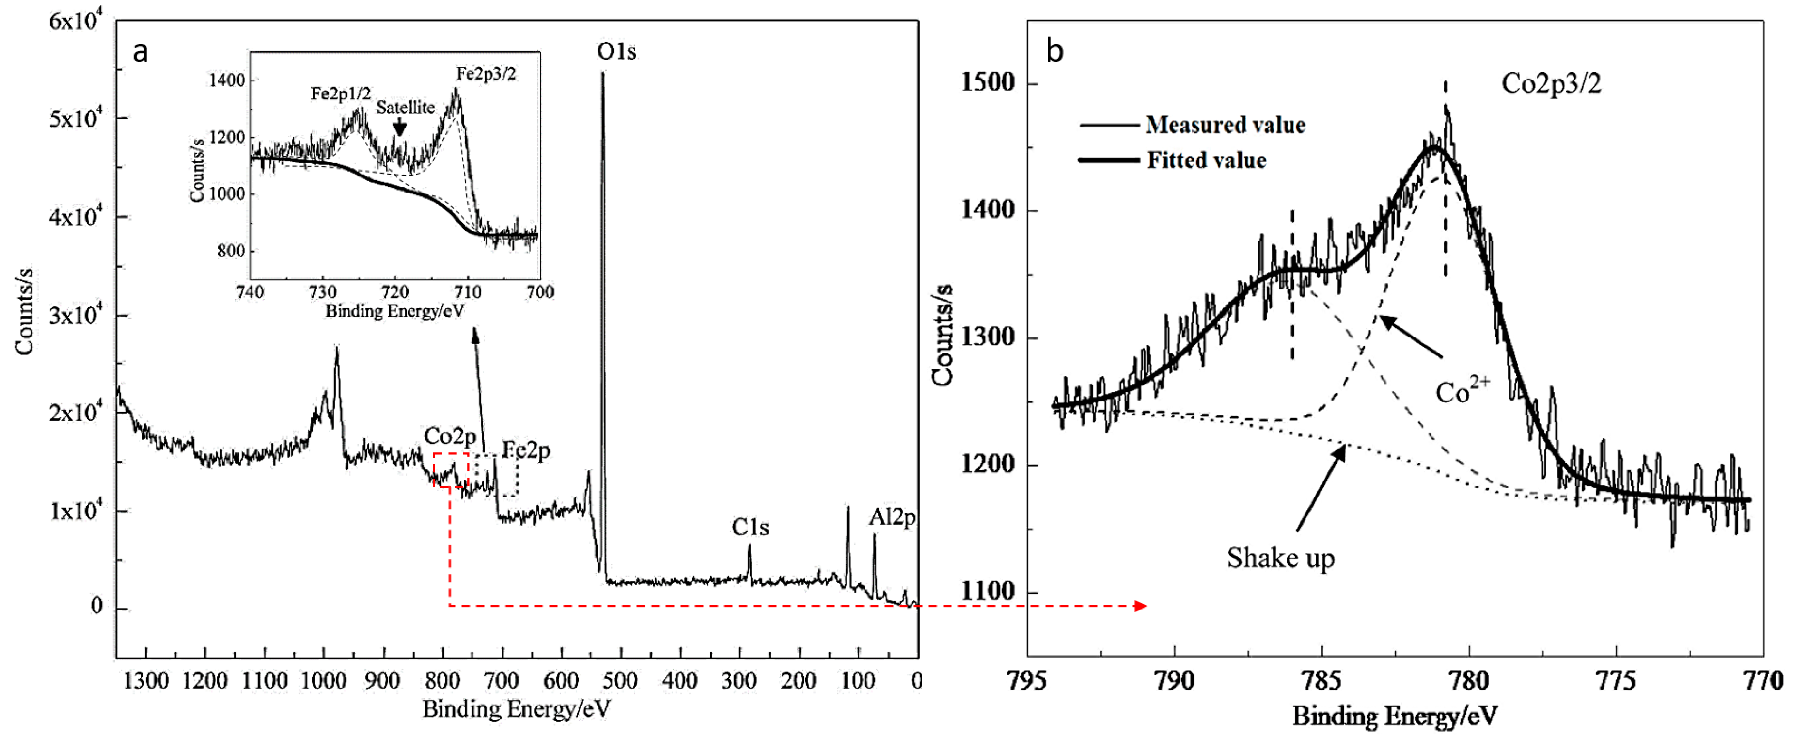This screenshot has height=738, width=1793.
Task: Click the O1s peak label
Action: [x=616, y=51]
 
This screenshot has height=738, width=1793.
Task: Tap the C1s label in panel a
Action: [x=750, y=527]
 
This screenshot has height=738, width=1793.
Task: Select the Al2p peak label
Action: [x=892, y=517]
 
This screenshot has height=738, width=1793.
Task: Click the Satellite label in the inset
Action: [x=405, y=107]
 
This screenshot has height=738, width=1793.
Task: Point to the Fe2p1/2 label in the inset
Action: [x=340, y=93]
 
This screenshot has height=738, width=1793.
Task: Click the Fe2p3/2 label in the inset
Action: [x=486, y=74]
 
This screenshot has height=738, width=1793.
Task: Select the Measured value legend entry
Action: [x=1225, y=125]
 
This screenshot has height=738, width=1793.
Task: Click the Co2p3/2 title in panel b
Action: [x=1551, y=84]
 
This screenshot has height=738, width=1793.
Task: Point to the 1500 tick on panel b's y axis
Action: [x=988, y=83]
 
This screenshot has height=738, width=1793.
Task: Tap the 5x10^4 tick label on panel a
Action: [x=75, y=118]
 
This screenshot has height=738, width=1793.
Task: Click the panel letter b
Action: [x=1054, y=51]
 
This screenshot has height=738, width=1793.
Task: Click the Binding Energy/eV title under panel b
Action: [x=1394, y=716]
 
